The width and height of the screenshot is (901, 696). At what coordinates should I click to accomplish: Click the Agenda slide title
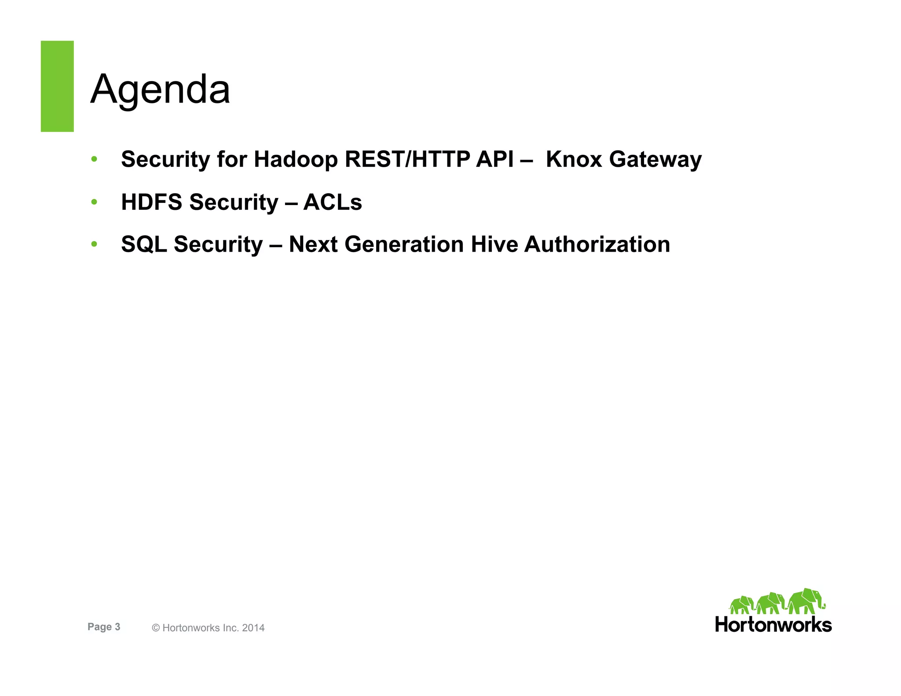(160, 89)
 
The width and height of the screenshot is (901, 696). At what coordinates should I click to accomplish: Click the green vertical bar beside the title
(57, 86)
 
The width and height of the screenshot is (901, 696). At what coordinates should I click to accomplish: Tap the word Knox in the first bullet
(574, 159)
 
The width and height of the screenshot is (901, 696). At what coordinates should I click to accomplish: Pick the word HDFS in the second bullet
(151, 202)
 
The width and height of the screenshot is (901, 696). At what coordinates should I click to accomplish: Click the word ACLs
(333, 202)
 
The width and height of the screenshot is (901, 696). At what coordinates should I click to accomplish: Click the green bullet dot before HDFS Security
(94, 202)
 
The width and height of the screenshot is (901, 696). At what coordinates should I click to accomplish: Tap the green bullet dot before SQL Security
(94, 244)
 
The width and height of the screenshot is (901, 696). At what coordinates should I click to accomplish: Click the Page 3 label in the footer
(104, 627)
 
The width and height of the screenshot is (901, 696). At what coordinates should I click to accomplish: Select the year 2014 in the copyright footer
(253, 628)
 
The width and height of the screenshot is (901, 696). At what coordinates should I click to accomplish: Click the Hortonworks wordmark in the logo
(773, 625)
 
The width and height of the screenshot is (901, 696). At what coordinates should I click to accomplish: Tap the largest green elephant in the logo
(805, 601)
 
